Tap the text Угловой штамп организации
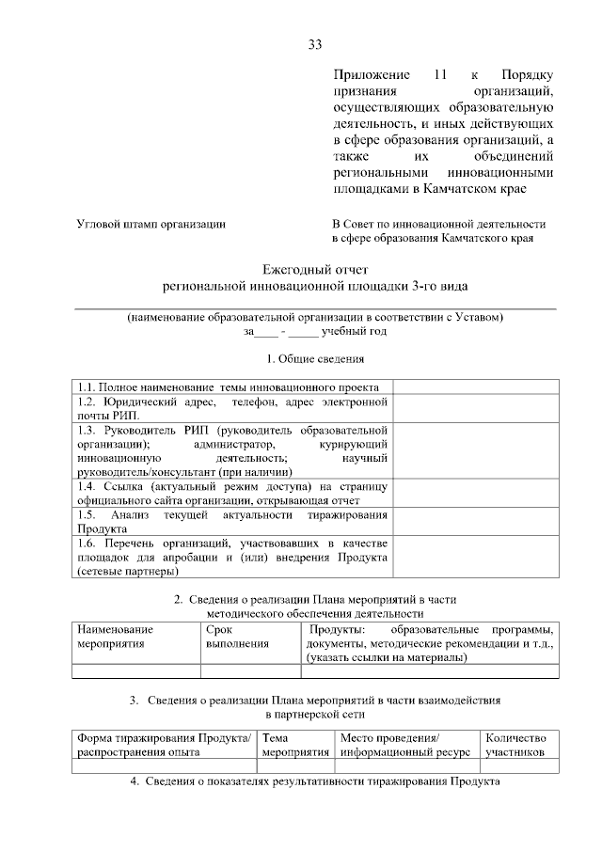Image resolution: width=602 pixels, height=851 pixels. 150,224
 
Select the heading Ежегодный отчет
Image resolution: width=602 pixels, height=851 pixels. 315,268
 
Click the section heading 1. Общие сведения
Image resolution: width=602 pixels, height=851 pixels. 315,358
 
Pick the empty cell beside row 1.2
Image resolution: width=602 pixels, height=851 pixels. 475,408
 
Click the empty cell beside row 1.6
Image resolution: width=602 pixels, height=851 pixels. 475,558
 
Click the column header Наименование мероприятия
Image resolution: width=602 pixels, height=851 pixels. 116,636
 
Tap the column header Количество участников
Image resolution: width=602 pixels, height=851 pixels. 516,746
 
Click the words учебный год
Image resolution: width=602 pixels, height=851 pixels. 355,331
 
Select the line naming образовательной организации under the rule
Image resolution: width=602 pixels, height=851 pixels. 315,317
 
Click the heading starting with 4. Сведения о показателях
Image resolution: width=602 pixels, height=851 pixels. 315,781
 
